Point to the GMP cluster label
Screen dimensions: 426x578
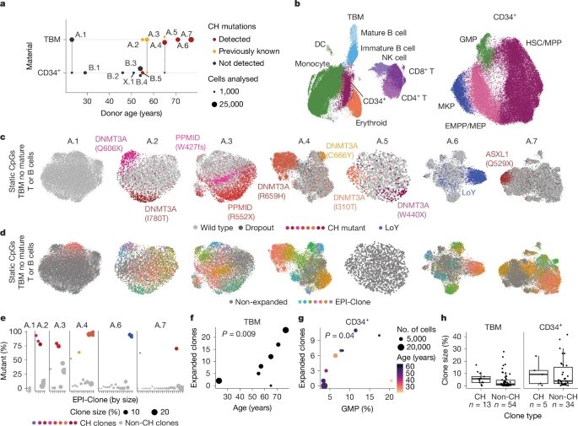click(x=467, y=38)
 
